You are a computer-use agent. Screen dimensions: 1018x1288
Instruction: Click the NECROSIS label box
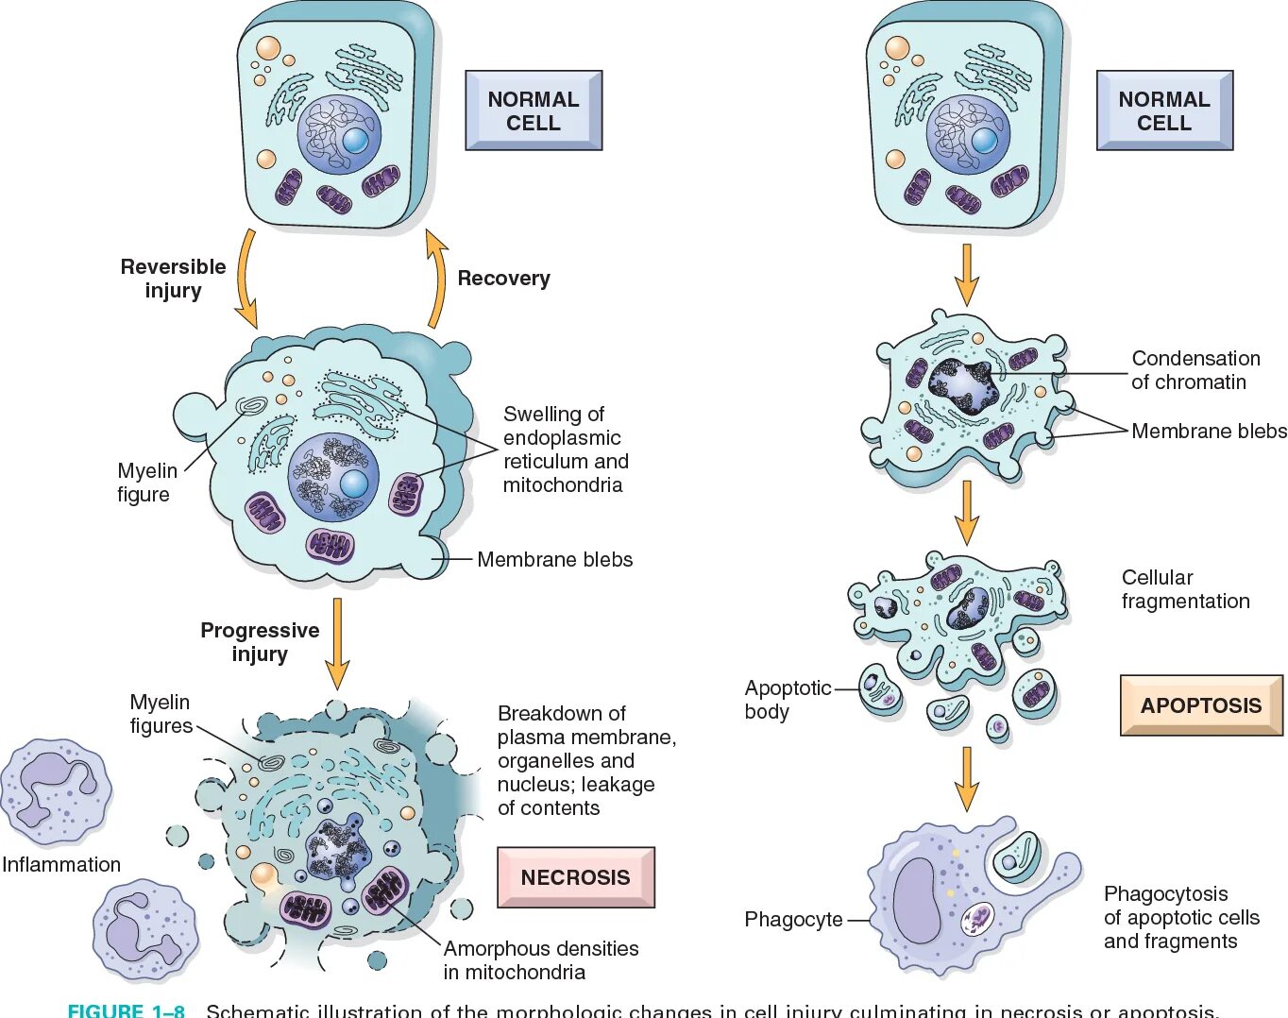(x=575, y=877)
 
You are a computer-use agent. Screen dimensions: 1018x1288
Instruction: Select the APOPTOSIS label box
(x=1200, y=705)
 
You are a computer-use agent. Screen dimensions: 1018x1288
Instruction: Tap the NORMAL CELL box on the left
(x=534, y=110)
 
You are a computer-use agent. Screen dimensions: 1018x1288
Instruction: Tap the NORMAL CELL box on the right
(x=1164, y=110)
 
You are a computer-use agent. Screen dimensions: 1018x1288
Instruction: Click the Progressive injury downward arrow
(x=336, y=642)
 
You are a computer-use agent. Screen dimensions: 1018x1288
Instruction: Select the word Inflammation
(x=61, y=864)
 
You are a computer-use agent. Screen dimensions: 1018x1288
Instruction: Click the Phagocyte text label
(x=793, y=919)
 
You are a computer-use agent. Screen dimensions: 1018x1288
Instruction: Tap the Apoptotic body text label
(x=787, y=700)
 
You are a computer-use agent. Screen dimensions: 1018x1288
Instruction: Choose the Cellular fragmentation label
(x=1185, y=589)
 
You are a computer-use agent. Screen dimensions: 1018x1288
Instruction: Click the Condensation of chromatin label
(x=1195, y=370)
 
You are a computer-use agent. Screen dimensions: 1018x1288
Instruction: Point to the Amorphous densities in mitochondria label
(x=541, y=959)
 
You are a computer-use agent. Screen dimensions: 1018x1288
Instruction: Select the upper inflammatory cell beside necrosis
(x=55, y=791)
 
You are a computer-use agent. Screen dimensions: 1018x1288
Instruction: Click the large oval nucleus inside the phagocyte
(x=917, y=900)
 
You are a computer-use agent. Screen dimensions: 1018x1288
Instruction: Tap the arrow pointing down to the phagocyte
(x=966, y=778)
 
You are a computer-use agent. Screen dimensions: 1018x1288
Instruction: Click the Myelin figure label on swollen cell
(x=145, y=482)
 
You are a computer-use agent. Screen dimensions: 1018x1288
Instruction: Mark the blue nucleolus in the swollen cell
(x=354, y=484)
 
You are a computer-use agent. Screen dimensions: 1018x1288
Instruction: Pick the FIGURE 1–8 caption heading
(x=127, y=1010)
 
